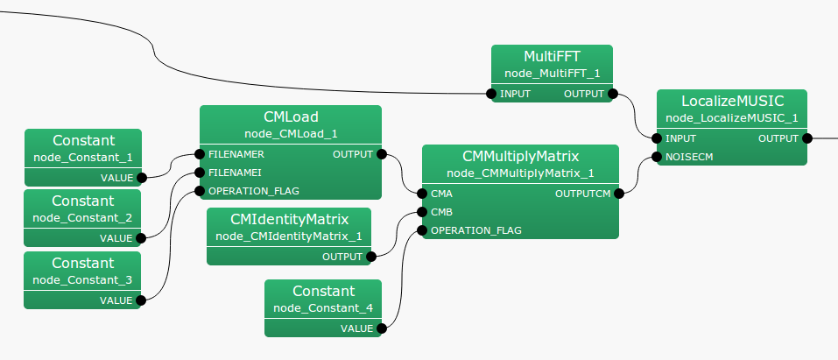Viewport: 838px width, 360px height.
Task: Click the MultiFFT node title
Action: pos(552,57)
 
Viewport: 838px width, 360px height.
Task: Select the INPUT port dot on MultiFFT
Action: pos(491,94)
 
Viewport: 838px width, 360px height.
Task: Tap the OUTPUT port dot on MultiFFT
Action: pos(613,94)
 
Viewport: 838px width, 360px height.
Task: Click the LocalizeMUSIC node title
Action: pos(732,102)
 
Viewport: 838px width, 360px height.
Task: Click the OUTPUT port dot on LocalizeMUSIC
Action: pos(807,138)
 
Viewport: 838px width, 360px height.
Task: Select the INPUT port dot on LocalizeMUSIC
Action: pos(657,138)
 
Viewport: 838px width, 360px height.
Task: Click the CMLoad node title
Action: pos(291,116)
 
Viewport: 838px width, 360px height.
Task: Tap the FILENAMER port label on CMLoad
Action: pos(236,153)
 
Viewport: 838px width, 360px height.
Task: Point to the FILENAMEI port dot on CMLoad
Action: pos(201,172)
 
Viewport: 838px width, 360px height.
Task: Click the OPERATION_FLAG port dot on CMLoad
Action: pos(201,190)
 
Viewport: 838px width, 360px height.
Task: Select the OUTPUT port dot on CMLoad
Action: pos(382,153)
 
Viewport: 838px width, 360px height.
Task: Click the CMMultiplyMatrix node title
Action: pos(520,156)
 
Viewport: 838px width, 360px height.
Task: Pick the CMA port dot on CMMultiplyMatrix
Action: pos(423,193)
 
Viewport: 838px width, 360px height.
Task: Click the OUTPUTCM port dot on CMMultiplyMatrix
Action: pos(619,193)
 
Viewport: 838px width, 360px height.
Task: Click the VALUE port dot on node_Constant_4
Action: pos(382,328)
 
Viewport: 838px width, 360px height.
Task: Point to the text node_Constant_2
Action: pos(82,217)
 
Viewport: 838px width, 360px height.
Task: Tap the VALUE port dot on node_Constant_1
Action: pos(142,177)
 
